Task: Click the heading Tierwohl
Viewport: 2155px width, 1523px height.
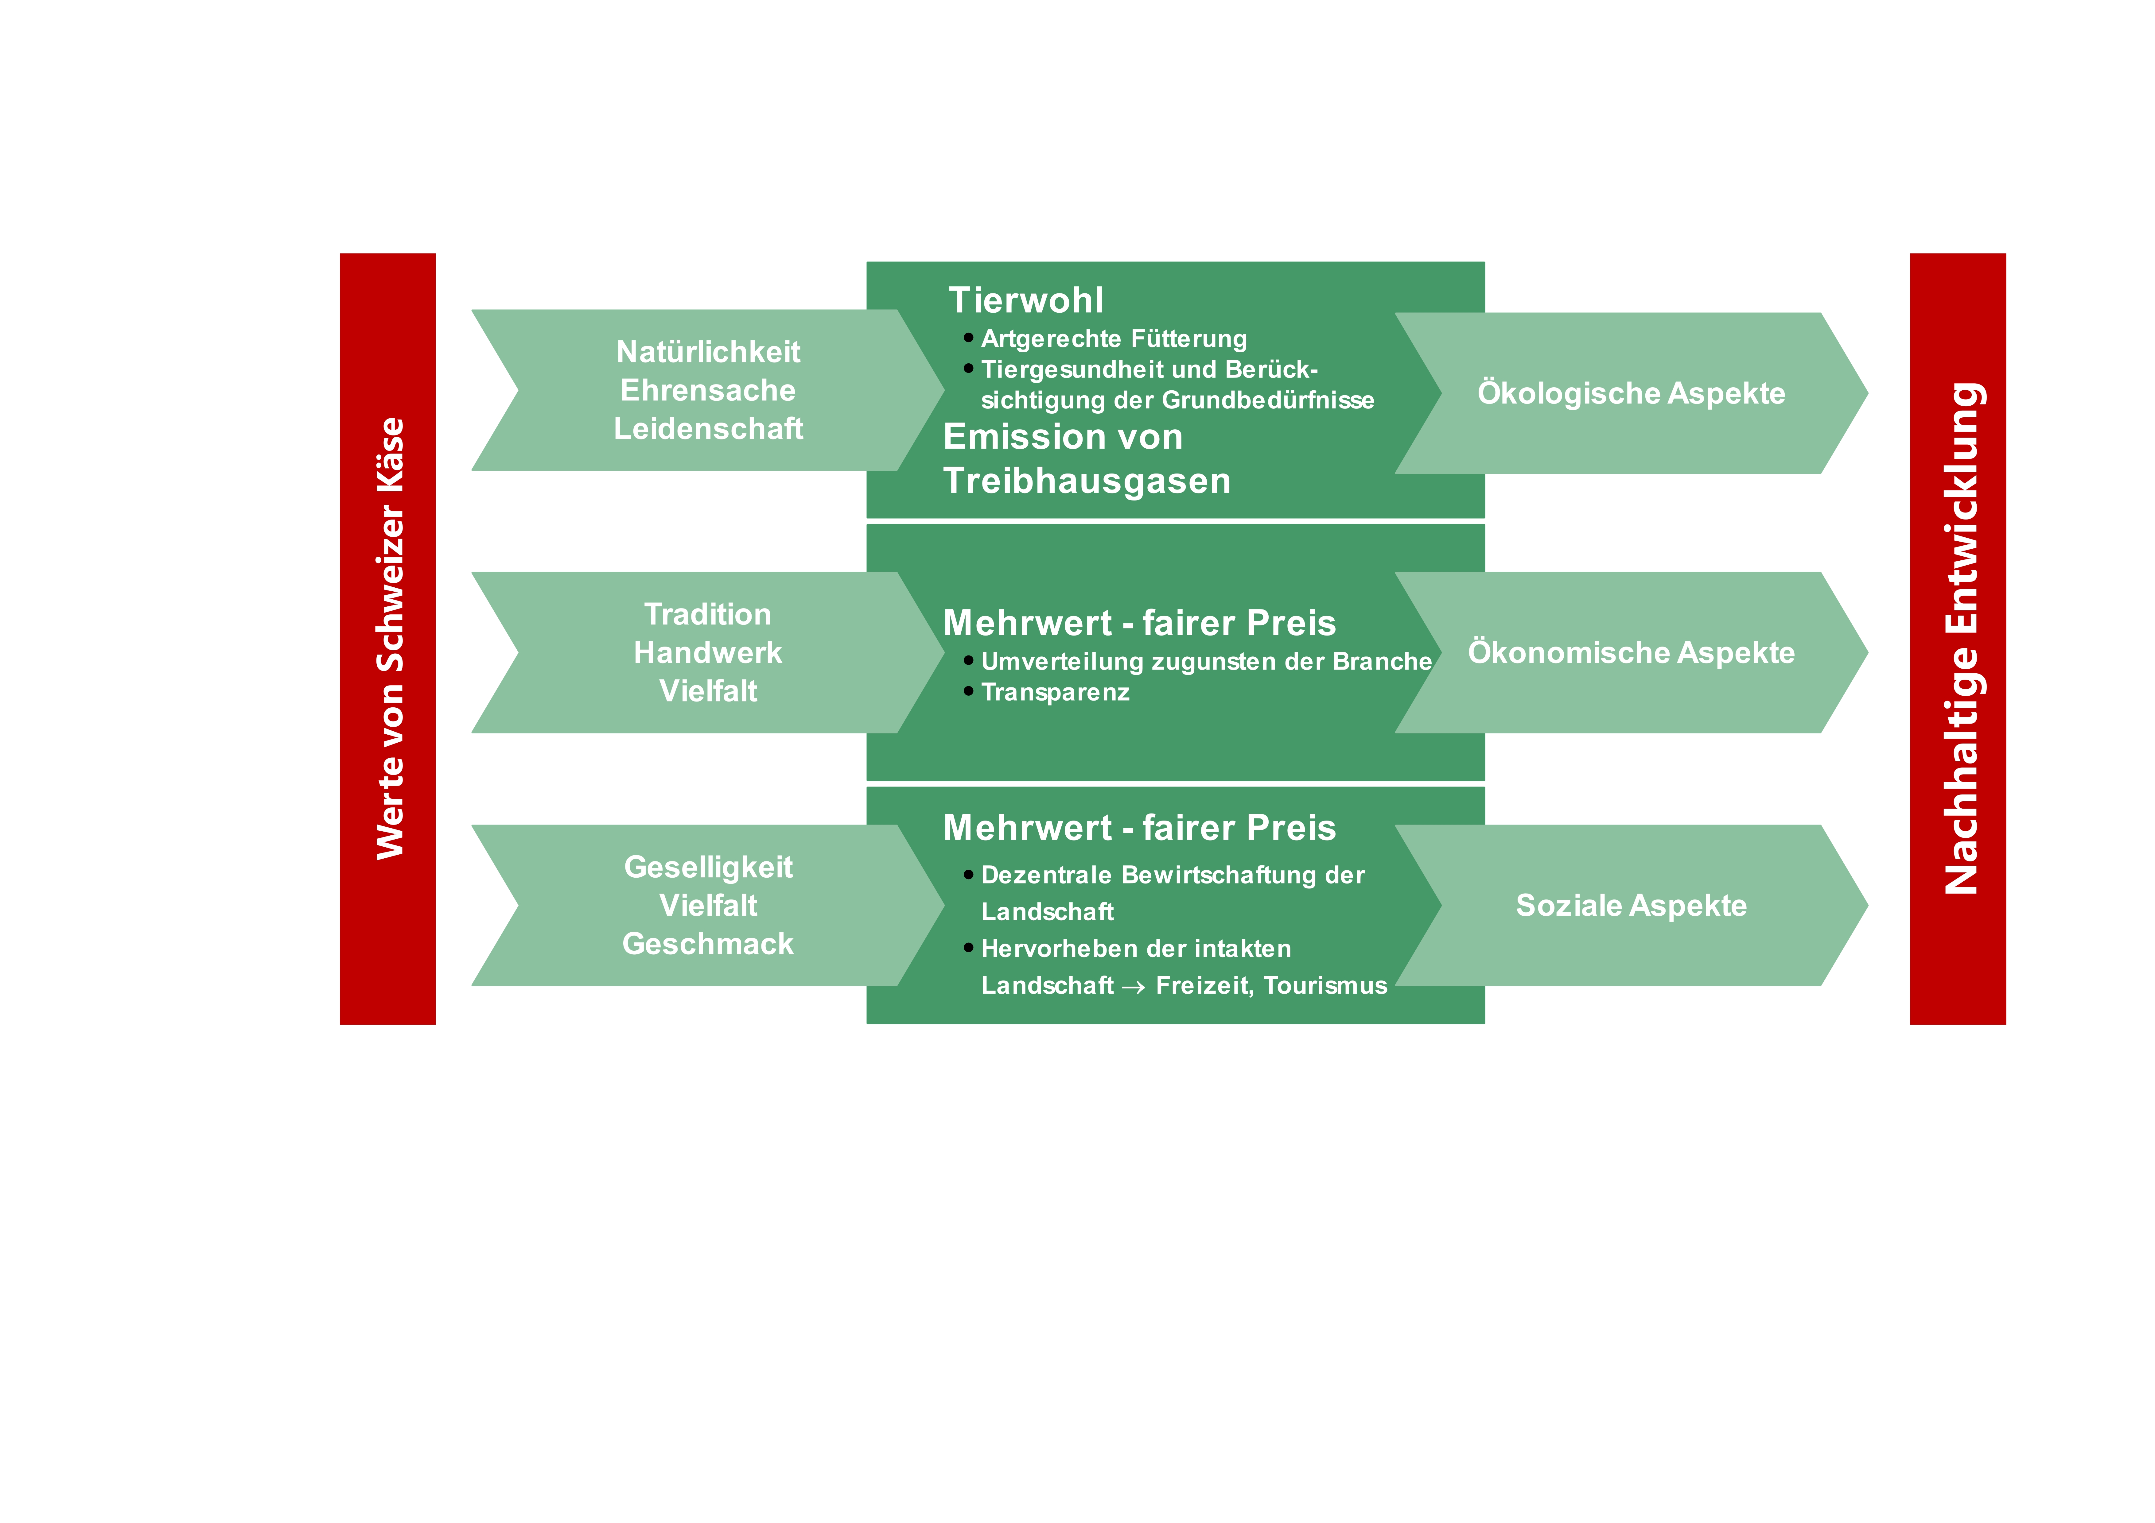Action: click(x=1026, y=300)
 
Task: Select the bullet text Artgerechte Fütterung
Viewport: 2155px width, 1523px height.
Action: click(x=1114, y=339)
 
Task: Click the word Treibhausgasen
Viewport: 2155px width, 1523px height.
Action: click(x=1087, y=481)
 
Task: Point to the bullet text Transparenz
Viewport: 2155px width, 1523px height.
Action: click(x=1055, y=693)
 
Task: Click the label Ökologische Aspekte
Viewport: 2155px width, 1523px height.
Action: click(x=1631, y=393)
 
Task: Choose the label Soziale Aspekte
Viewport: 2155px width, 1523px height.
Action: click(x=1631, y=906)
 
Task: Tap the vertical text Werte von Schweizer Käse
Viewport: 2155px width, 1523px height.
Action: click(x=390, y=638)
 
